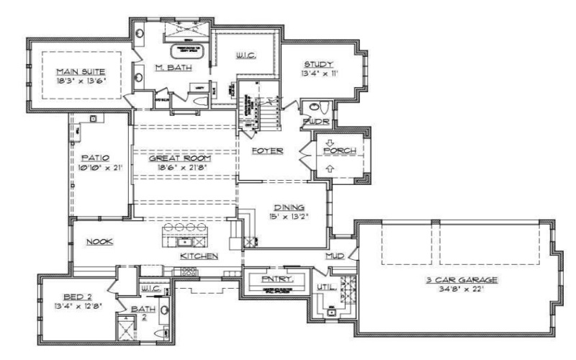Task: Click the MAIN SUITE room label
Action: pos(81,71)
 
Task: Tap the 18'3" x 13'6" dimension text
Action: pos(81,81)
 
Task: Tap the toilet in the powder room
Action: pos(323,108)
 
